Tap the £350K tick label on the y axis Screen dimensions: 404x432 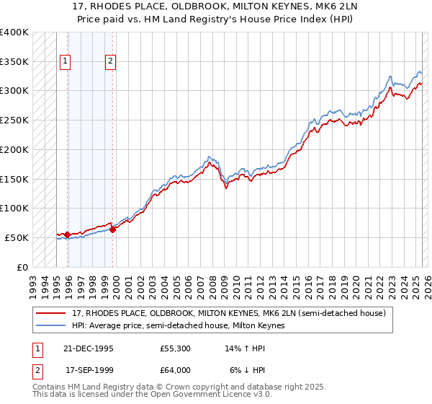coord(14,61)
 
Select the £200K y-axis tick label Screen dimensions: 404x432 coord(14,149)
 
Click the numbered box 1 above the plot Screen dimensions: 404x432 coord(66,62)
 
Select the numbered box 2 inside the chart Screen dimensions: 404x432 coord(111,62)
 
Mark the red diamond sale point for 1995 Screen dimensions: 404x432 coord(67,234)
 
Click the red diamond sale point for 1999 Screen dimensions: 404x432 coord(112,229)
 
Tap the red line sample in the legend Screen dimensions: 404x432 coord(52,313)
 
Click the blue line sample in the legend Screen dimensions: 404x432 coord(52,325)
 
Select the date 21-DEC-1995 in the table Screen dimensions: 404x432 coord(89,348)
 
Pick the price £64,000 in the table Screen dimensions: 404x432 coord(176,369)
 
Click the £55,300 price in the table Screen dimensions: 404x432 coord(176,348)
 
